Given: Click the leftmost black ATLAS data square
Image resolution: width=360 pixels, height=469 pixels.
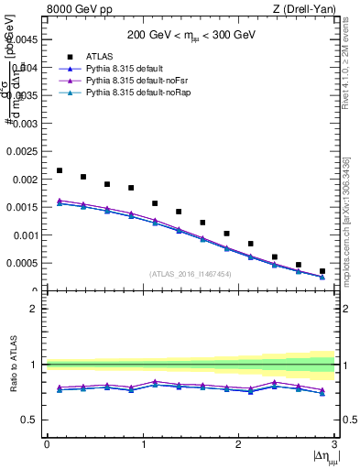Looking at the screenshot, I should pos(60,170).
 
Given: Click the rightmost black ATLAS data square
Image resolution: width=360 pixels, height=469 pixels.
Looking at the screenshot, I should pos(322,271).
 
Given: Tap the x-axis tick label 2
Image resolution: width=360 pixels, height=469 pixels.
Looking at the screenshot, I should pos(238,444).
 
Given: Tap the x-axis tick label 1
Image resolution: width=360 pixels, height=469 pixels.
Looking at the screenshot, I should pos(143,444).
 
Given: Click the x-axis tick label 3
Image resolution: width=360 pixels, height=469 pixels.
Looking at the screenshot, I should pos(334,444).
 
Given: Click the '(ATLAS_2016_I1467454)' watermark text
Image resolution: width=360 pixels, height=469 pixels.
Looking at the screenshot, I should pos(191,274).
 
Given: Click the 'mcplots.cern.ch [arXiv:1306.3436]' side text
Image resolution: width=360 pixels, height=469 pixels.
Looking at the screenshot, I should pos(347,220).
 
